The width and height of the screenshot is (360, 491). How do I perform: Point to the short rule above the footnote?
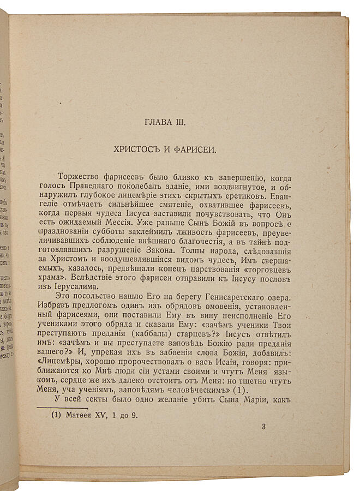(62, 408)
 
